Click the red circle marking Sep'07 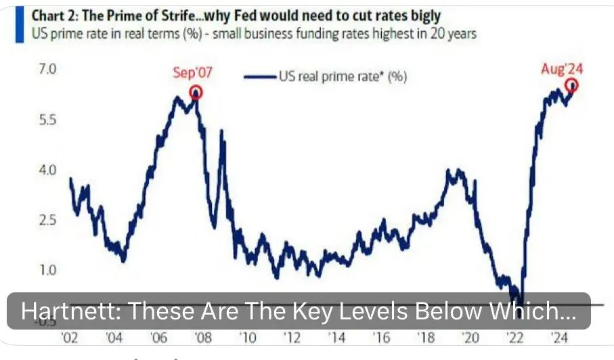coord(196,93)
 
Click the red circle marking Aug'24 coord(572,85)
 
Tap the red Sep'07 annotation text coord(192,73)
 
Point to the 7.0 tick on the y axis coord(31,69)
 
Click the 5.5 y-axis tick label coord(31,120)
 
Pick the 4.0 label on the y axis coord(31,170)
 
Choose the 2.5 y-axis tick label coord(31,220)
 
